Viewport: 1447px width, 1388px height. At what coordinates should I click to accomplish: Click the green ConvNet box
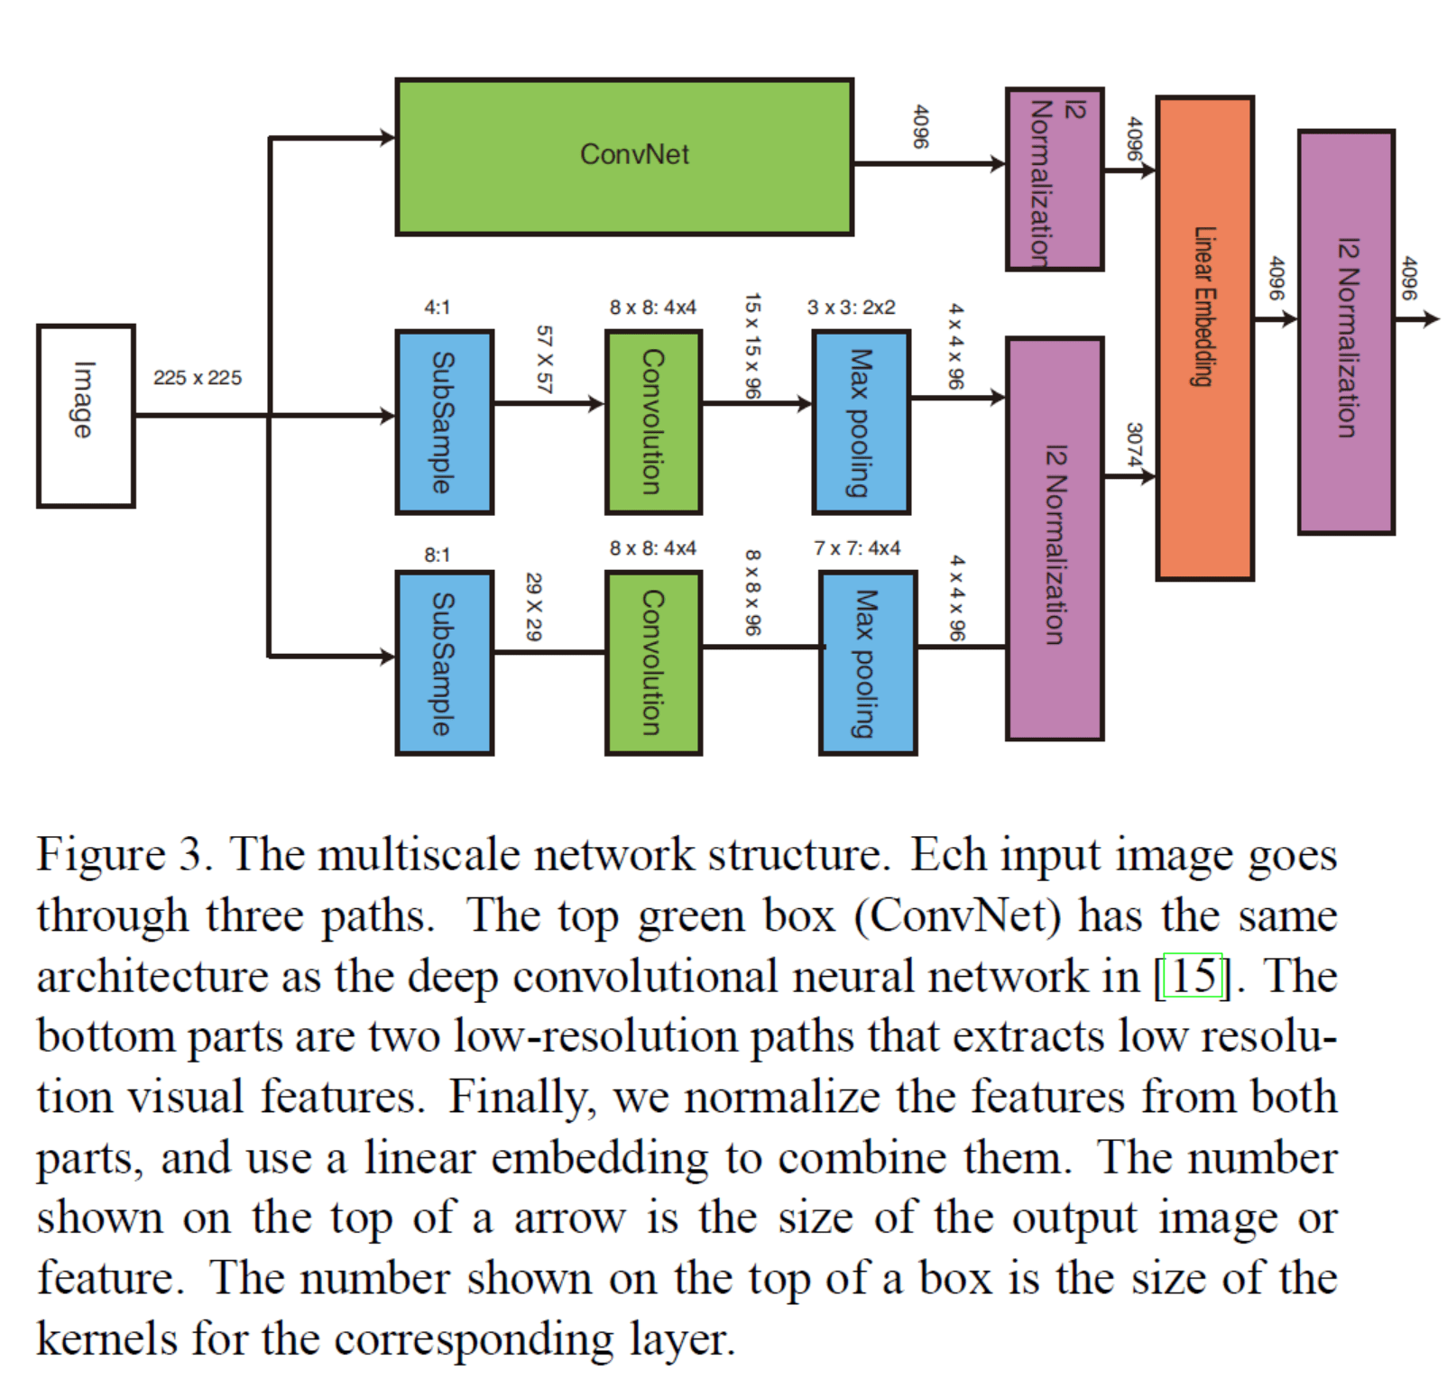(x=624, y=156)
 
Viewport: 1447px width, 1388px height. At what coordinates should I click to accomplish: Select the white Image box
(x=86, y=416)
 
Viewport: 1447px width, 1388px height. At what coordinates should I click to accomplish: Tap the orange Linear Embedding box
(x=1204, y=337)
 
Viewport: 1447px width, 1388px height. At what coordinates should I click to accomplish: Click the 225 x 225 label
(x=198, y=378)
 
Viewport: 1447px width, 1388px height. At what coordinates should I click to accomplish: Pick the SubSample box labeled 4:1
(x=445, y=422)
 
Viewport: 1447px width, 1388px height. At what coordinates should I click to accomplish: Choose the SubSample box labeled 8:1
(x=445, y=663)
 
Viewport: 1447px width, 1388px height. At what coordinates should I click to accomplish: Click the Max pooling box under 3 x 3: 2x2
(x=861, y=422)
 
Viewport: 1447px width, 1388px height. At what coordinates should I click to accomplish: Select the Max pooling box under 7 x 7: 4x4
(x=868, y=663)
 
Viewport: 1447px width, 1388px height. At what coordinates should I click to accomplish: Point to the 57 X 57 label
(x=543, y=359)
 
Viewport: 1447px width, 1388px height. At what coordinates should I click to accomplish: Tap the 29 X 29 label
(x=533, y=607)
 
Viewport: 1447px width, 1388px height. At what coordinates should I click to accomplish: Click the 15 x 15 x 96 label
(x=752, y=346)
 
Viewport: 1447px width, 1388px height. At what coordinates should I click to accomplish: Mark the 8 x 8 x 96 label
(x=752, y=593)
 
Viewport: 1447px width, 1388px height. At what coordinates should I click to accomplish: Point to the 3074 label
(x=1134, y=445)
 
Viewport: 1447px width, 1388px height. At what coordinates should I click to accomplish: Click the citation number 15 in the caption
(x=1193, y=976)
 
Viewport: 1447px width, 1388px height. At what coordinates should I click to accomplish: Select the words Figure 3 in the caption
(x=124, y=854)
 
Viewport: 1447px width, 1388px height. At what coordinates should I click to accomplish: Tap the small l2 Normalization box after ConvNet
(x=1054, y=179)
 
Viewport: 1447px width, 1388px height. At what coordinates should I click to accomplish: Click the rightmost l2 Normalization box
(x=1346, y=332)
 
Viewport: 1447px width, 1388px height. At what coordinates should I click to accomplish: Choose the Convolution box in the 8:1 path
(x=653, y=663)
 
